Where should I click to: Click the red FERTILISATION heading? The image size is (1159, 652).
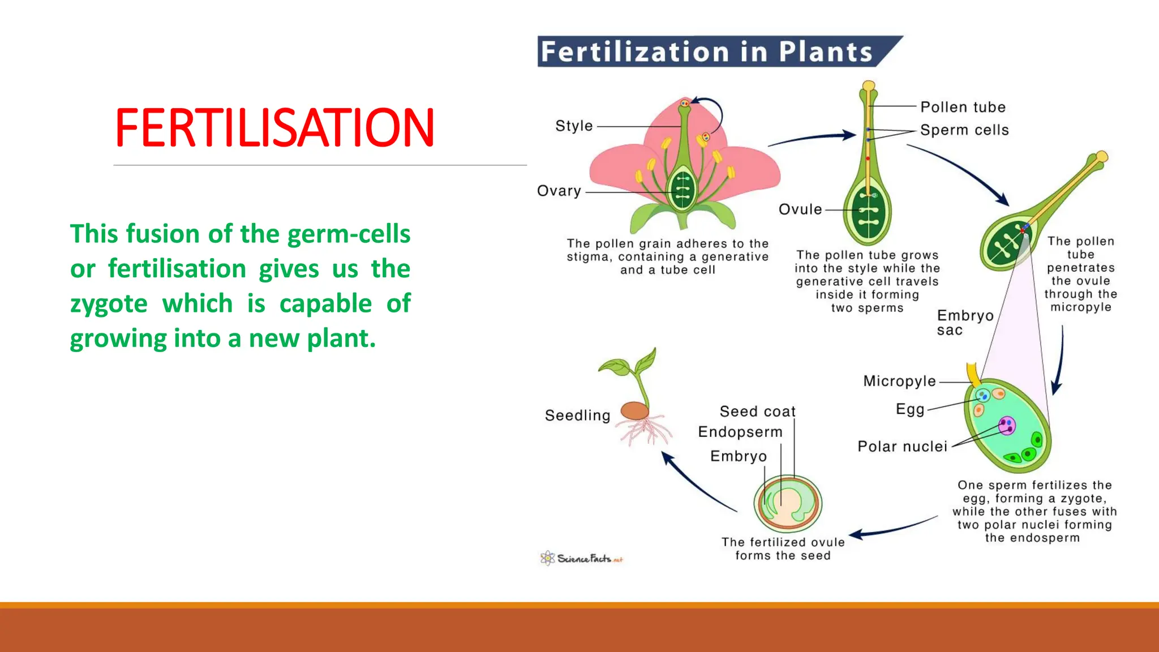274,128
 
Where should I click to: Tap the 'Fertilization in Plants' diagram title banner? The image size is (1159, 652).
707,52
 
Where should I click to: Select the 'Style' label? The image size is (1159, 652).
574,126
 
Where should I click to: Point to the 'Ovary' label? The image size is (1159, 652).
559,191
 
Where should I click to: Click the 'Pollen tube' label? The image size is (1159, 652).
963,107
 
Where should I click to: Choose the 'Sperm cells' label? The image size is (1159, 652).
964,130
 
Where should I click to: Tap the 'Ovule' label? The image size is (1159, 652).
800,209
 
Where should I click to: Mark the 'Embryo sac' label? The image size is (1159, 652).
964,323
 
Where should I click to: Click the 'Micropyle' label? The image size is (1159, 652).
899,381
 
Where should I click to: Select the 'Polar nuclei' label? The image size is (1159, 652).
902,447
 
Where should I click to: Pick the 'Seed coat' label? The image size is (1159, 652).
757,411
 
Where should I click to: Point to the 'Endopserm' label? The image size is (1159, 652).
740,432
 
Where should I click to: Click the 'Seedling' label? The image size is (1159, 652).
577,415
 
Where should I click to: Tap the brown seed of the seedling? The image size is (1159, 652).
635,410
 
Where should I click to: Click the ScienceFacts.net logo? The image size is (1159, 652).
582,559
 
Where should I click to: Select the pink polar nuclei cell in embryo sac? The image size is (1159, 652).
1007,425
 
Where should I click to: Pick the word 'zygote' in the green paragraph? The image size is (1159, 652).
109,304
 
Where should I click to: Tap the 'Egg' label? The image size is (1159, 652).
909,409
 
